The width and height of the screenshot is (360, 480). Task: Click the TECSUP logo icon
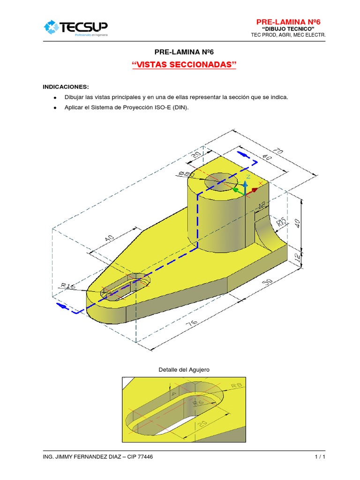point(51,27)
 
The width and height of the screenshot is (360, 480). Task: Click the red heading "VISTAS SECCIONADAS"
point(184,65)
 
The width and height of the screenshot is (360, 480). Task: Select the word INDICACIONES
point(65,87)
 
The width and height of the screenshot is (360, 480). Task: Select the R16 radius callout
point(69,285)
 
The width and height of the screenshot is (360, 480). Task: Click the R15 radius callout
point(281,222)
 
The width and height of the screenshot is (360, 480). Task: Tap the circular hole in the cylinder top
point(220,179)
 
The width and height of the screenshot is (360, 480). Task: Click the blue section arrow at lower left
point(61,306)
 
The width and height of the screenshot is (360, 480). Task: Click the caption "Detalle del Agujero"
point(184,369)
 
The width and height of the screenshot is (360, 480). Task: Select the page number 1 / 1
point(320,457)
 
